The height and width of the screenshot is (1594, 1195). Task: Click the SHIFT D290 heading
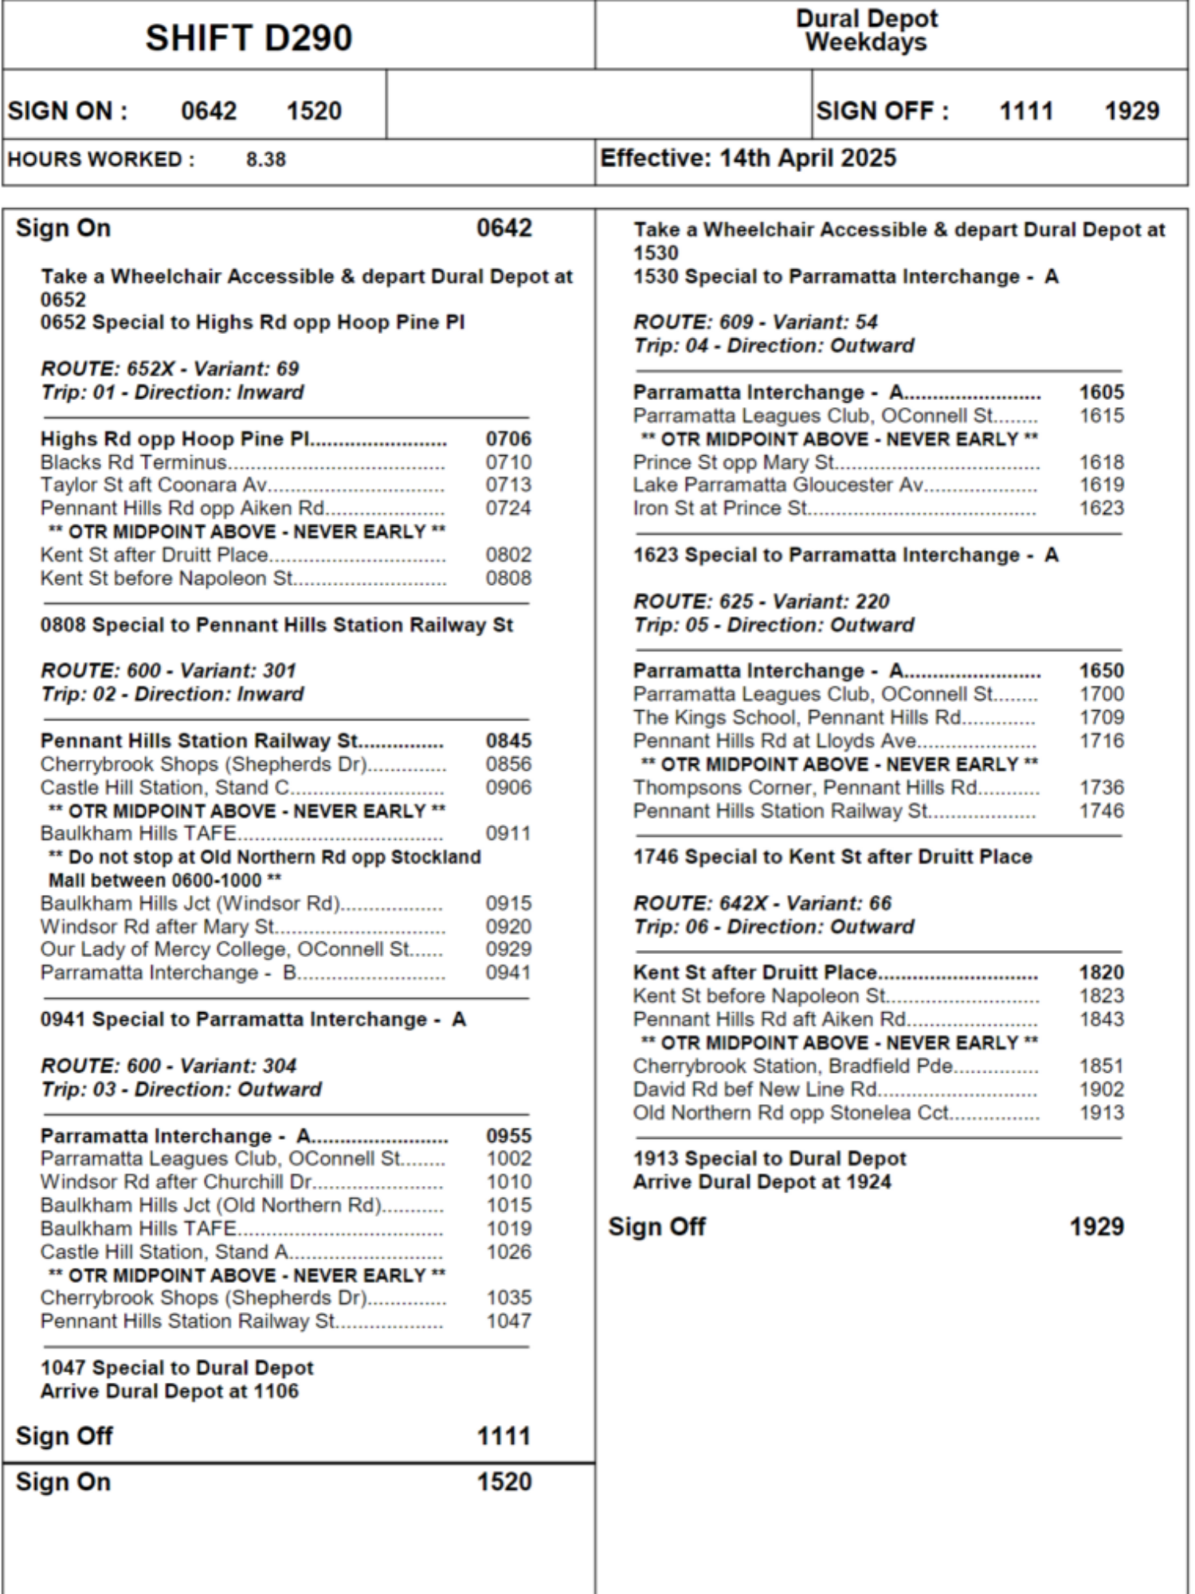pyautogui.click(x=249, y=37)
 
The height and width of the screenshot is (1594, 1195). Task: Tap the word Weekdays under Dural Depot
pyautogui.click(x=866, y=42)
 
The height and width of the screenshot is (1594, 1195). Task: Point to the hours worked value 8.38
pyautogui.click(x=265, y=159)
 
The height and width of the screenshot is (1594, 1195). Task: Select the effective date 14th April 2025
pyautogui.click(x=808, y=158)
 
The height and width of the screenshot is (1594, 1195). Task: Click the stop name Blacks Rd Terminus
pyautogui.click(x=134, y=462)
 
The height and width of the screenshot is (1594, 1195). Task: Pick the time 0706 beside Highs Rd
pyautogui.click(x=508, y=439)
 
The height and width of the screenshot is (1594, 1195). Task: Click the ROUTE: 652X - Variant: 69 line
pyautogui.click(x=170, y=369)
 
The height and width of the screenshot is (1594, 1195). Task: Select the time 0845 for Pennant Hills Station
pyautogui.click(x=508, y=741)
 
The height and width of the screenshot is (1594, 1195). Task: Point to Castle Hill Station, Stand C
pyautogui.click(x=165, y=787)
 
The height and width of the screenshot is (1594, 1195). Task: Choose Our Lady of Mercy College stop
pyautogui.click(x=225, y=949)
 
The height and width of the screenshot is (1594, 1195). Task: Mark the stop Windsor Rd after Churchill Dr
pyautogui.click(x=177, y=1182)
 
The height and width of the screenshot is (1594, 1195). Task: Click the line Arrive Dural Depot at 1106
pyautogui.click(x=170, y=1392)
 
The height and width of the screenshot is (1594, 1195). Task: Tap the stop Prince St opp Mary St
pyautogui.click(x=734, y=462)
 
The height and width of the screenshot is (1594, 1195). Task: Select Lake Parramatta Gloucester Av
pyautogui.click(x=778, y=485)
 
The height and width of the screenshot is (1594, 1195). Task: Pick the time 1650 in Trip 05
pyautogui.click(x=1101, y=671)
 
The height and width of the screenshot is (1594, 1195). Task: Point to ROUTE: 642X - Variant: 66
pyautogui.click(x=762, y=903)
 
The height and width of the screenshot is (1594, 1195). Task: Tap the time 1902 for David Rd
pyautogui.click(x=1101, y=1089)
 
